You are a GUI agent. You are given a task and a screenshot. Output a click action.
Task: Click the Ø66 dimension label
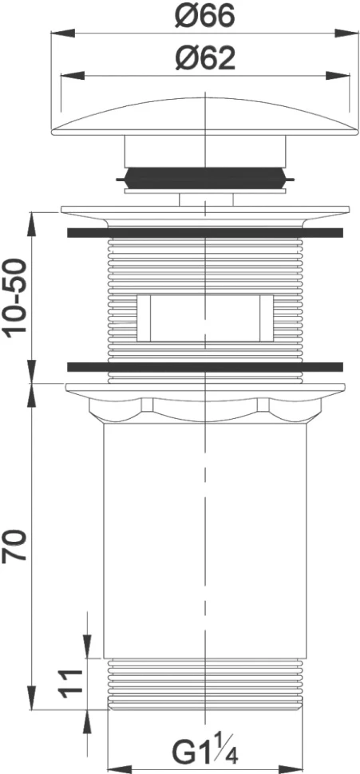tap(204, 17)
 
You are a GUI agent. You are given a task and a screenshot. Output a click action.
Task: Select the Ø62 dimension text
tap(205, 60)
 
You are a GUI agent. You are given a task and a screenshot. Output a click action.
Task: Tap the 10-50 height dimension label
tap(15, 298)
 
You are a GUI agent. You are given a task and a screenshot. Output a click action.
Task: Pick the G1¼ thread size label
tap(205, 752)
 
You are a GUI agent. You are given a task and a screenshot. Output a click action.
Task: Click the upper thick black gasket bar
tap(205, 232)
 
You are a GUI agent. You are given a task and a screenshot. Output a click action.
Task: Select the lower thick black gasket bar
tap(205, 367)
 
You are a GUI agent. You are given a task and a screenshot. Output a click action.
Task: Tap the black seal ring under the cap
tap(205, 176)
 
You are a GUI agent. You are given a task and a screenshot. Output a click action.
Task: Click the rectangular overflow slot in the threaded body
tap(205, 318)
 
